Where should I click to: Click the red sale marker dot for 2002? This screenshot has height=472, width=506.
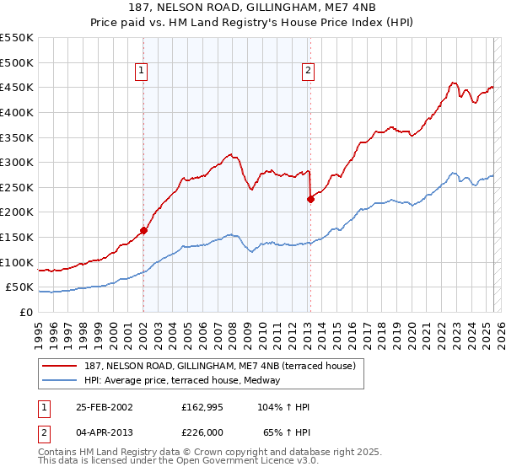coord(144,230)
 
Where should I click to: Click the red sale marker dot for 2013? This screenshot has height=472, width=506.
coord(310,199)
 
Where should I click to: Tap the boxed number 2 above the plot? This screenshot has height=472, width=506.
coord(308,71)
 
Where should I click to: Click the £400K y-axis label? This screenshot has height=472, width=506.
coord(16,112)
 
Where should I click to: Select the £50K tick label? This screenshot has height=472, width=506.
coord(19,287)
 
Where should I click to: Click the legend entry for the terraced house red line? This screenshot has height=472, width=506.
coord(223,366)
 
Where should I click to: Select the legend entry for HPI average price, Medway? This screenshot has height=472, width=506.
coord(186,380)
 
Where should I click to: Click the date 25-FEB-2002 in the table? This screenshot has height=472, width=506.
coord(104,407)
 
